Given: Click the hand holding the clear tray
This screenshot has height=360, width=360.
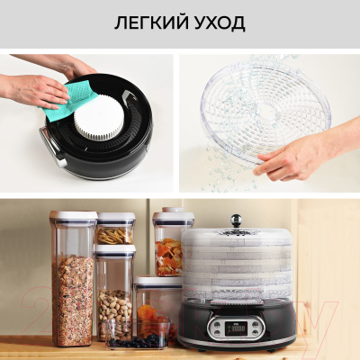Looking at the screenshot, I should pyautogui.click(x=288, y=160).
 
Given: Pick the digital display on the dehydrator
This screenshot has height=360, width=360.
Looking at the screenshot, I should pyautogui.click(x=238, y=327).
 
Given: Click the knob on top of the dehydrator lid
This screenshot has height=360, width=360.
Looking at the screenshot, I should pyautogui.click(x=236, y=220).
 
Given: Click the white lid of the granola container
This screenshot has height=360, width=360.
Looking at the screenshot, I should pyautogui.click(x=73, y=216).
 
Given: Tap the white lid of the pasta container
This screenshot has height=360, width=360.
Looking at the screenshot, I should pyautogui.click(x=115, y=217).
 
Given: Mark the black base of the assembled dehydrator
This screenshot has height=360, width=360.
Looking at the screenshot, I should pyautogui.click(x=236, y=328).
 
